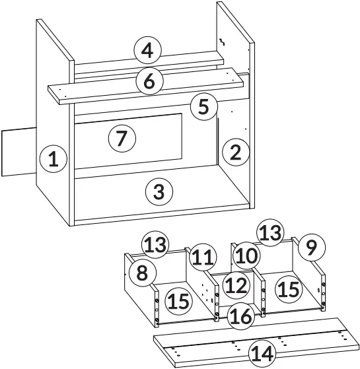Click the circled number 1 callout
click(x=54, y=159)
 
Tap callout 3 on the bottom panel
click(x=159, y=192)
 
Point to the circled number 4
click(x=147, y=50)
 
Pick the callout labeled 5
click(x=204, y=106)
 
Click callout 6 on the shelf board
click(x=149, y=82)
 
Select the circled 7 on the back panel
click(x=121, y=139)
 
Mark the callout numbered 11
click(x=205, y=256)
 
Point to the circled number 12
click(x=234, y=285)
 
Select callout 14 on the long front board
click(x=263, y=354)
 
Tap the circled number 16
click(x=242, y=316)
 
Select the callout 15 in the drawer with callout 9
click(x=288, y=288)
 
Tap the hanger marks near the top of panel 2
click(x=223, y=42)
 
